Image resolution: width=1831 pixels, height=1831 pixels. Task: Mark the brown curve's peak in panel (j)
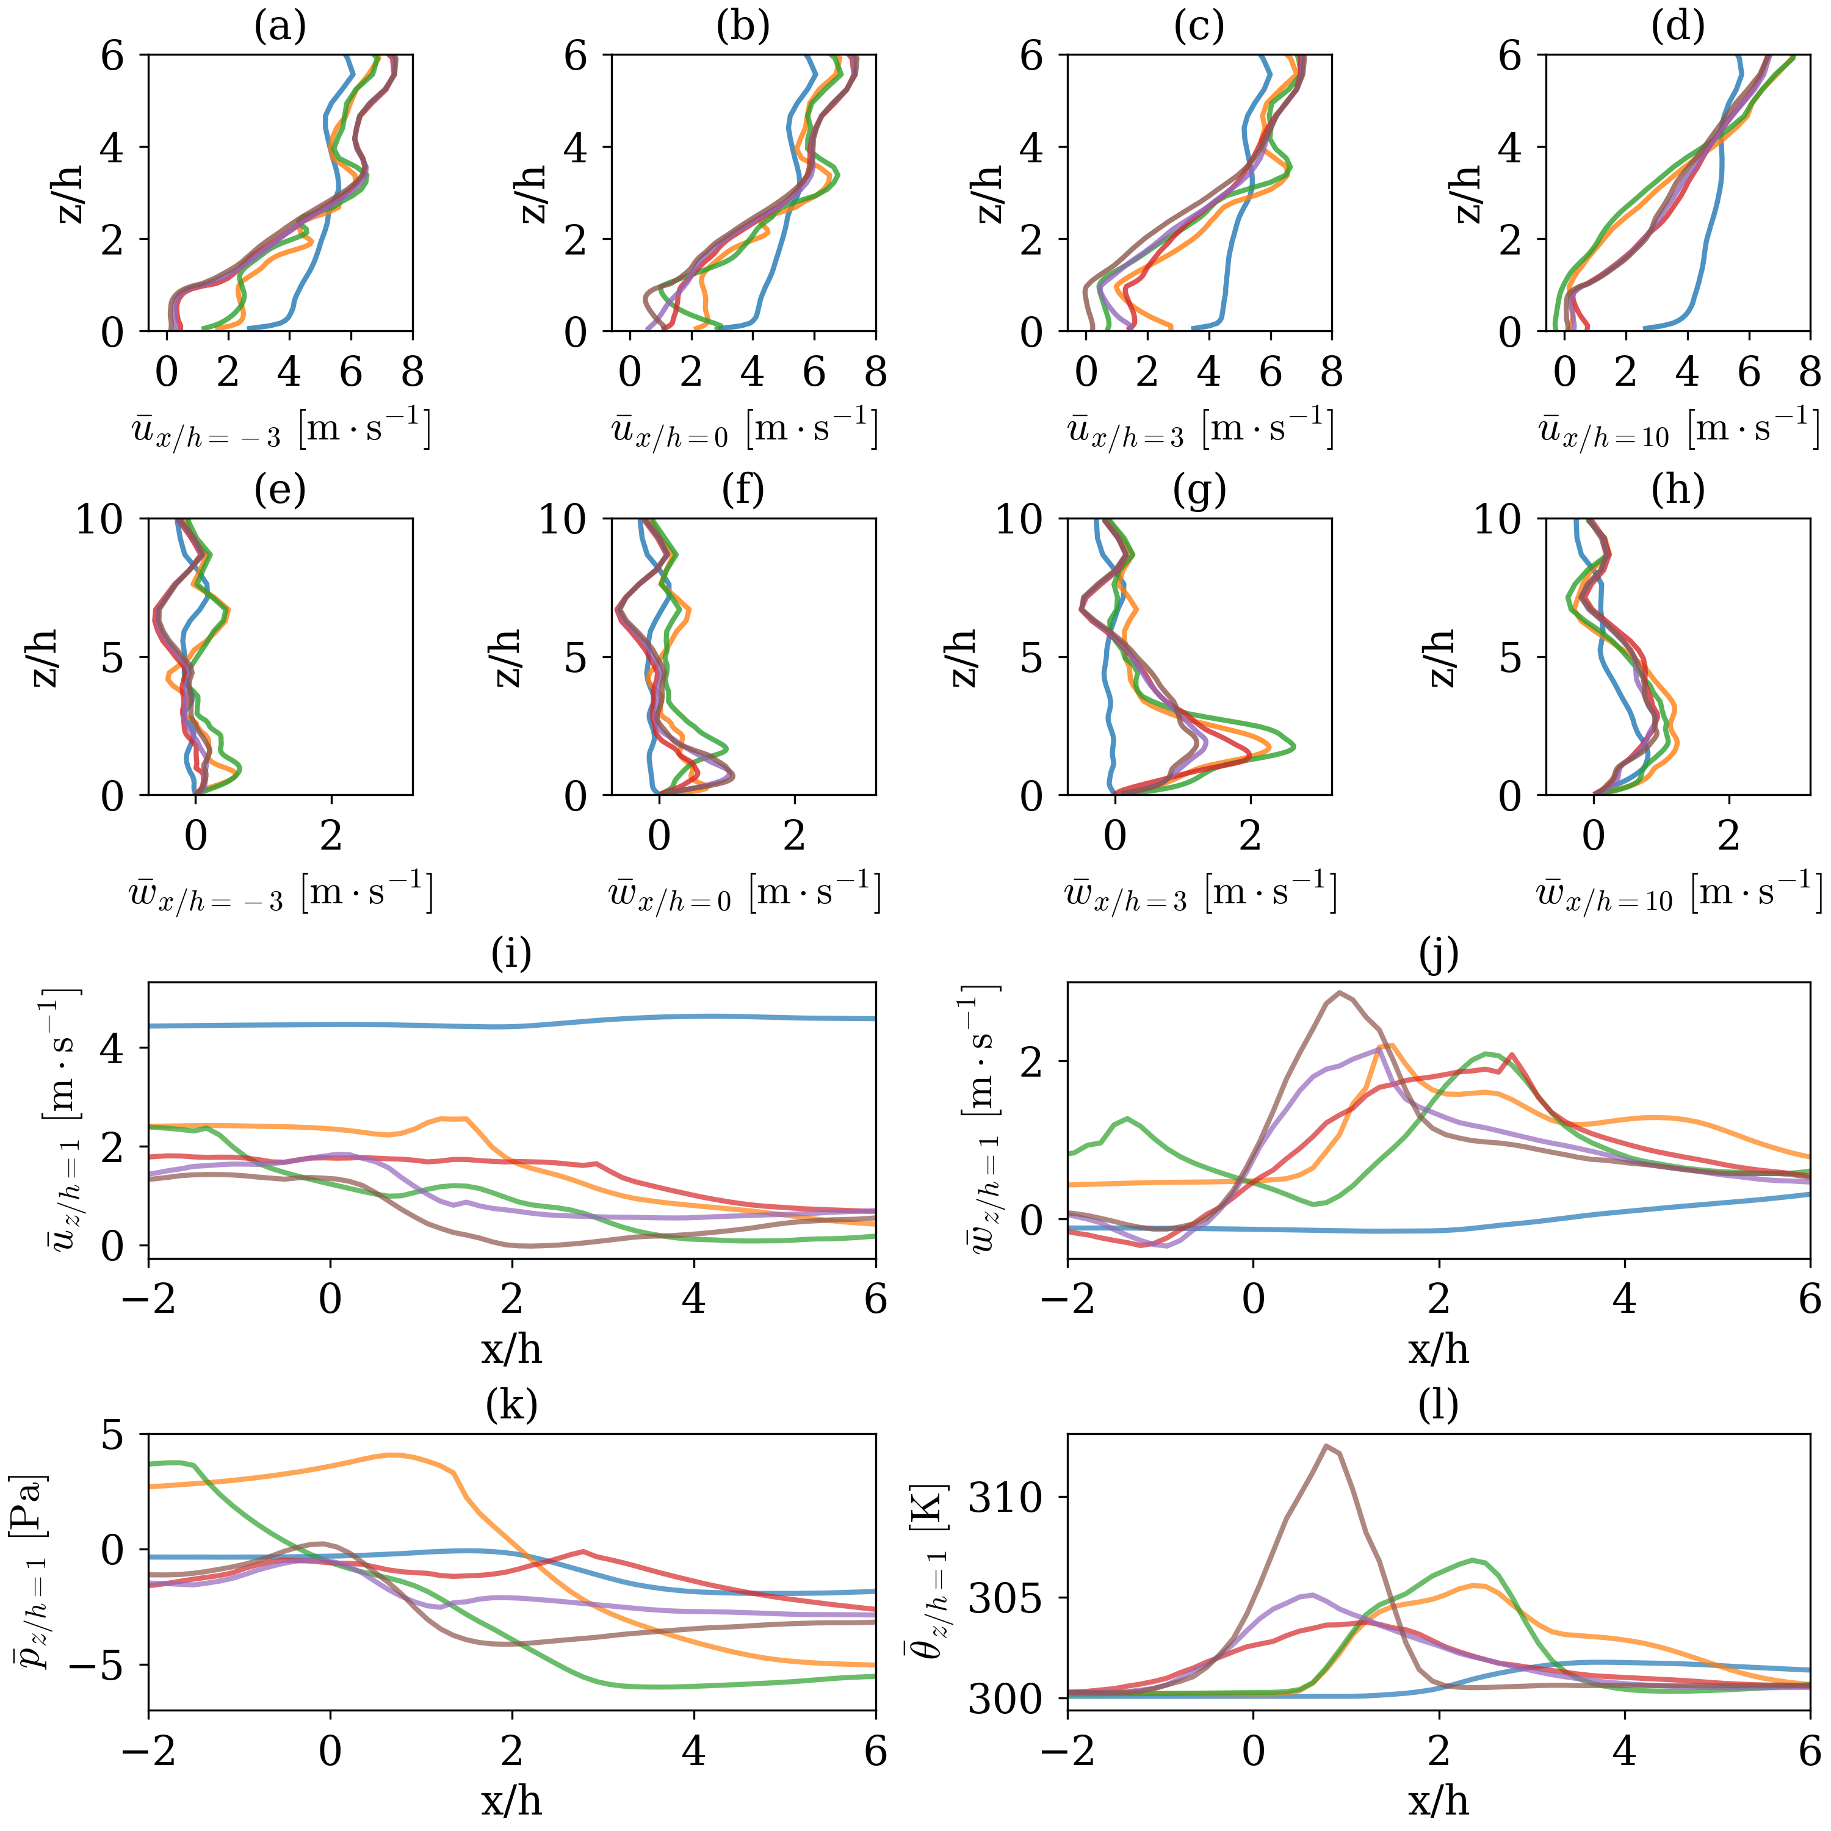1339,992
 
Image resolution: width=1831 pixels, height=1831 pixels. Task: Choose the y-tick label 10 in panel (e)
101,519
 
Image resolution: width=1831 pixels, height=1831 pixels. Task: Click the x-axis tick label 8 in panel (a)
412,372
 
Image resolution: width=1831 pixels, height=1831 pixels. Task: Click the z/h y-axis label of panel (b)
533,193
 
